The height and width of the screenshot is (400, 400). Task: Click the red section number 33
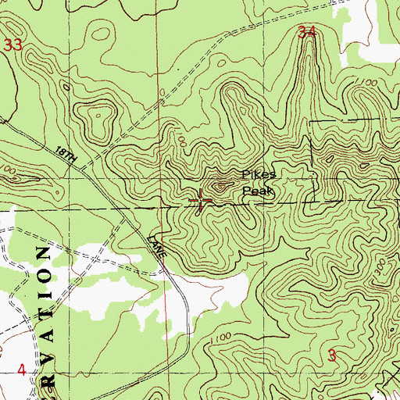point(12,45)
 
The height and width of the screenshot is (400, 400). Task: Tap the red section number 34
point(308,32)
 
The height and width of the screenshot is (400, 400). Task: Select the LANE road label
point(156,248)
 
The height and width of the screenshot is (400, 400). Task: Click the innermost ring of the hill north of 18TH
point(100,117)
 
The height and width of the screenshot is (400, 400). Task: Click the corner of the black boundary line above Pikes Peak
point(310,123)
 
